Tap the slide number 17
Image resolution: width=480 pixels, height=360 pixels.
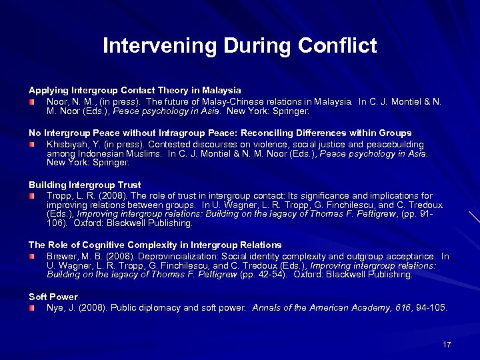coord(447,344)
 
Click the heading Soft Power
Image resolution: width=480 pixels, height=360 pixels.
coord(53,297)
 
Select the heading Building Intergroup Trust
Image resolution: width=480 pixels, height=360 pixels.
coord(85,185)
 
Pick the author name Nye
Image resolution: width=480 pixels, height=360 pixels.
coord(55,307)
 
